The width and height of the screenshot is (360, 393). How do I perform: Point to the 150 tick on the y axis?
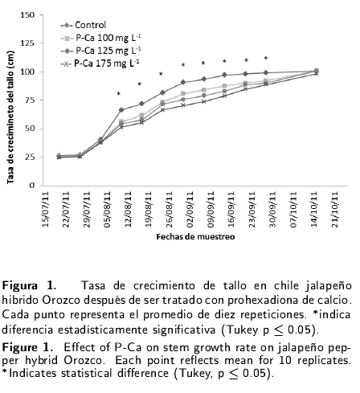pos(27,15)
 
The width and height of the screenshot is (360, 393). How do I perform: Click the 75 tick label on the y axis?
pos(30,100)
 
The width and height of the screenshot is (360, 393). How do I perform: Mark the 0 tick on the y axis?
pos(32,186)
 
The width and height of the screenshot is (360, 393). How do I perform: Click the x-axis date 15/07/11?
pos(45,210)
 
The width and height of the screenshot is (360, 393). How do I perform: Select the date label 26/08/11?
pos(170,210)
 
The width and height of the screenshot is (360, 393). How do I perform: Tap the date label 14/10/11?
pos(314,210)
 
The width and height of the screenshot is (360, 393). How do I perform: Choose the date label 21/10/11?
pos(335,210)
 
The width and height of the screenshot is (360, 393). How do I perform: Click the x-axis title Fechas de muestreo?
pos(195,237)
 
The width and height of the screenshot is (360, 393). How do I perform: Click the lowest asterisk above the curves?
pos(118,94)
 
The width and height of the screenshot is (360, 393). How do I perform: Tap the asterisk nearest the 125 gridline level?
pos(266,58)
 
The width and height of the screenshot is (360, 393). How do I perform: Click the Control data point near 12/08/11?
pos(121,110)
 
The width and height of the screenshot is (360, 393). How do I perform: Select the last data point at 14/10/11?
pos(316,72)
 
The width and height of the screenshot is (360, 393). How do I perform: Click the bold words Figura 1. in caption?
pos(29,285)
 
